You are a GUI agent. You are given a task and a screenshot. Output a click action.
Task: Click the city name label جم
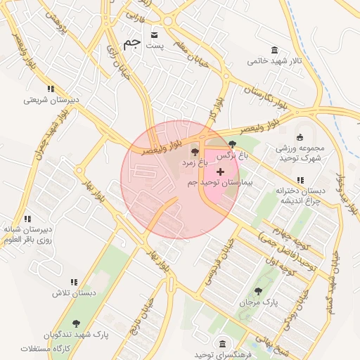pyautogui.click(x=132, y=43)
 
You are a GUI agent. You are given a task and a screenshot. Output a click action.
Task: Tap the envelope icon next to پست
pyautogui.click(x=155, y=33)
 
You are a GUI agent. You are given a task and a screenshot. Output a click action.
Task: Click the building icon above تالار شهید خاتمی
pyautogui.click(x=274, y=49)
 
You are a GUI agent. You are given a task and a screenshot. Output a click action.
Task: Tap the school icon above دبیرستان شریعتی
pyautogui.click(x=50, y=89)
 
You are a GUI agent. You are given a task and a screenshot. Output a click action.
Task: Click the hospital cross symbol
pyautogui.click(x=220, y=172)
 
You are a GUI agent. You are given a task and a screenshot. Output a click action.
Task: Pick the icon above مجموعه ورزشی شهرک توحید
pyautogui.click(x=300, y=137)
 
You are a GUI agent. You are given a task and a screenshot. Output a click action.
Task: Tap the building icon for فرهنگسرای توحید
pyautogui.click(x=222, y=343)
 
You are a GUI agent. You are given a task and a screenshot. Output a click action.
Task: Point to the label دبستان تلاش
pyautogui.click(x=73, y=292)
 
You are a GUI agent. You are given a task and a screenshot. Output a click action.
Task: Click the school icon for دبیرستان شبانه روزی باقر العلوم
pyautogui.click(x=27, y=219)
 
